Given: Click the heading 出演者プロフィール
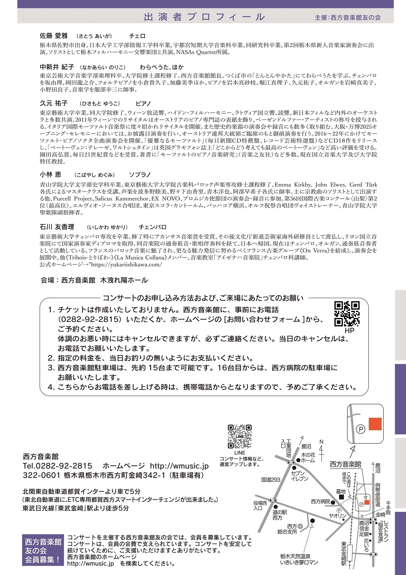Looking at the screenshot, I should coord(204,17).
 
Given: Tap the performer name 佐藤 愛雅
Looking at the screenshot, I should coord(54,36).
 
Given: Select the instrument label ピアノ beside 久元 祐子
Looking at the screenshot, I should coord(143,103).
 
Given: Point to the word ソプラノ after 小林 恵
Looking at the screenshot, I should coord(140,175).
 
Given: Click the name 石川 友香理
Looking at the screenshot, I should coord(57,227).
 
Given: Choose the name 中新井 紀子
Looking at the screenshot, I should coord(57,67).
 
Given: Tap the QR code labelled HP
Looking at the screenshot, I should coord(347,314).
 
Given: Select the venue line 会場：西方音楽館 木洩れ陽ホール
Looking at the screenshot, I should coord(94,280).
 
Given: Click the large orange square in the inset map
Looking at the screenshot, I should coord(375,424).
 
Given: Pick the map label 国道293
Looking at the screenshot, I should coord(271,480).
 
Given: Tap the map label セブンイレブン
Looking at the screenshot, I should coord(299,475).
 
